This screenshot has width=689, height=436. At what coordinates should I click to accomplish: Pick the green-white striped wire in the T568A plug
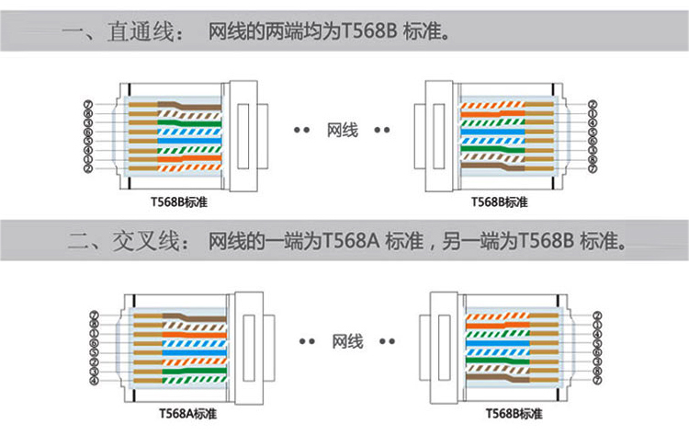point(193,373)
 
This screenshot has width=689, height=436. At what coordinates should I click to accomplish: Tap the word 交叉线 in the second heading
point(139,245)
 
